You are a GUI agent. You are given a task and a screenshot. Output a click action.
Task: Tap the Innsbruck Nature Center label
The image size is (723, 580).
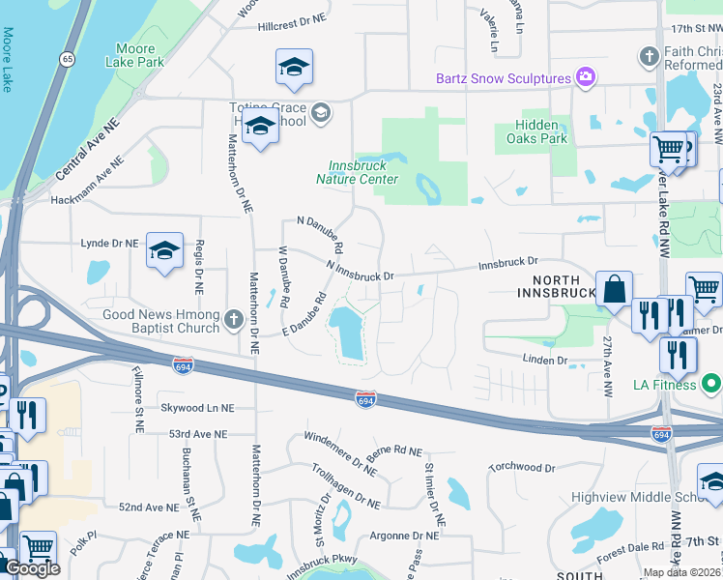357,172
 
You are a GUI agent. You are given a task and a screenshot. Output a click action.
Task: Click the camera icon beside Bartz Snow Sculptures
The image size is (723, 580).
585,77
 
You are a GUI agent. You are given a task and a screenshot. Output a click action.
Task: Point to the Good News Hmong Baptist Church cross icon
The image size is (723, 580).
233,318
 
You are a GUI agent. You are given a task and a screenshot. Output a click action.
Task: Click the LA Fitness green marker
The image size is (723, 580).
712,385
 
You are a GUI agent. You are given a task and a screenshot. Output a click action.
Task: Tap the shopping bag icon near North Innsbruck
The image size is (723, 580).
614,289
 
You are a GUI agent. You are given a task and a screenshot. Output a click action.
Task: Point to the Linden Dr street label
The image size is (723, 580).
546,360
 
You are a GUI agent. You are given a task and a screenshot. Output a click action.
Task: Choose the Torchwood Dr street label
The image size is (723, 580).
522,468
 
